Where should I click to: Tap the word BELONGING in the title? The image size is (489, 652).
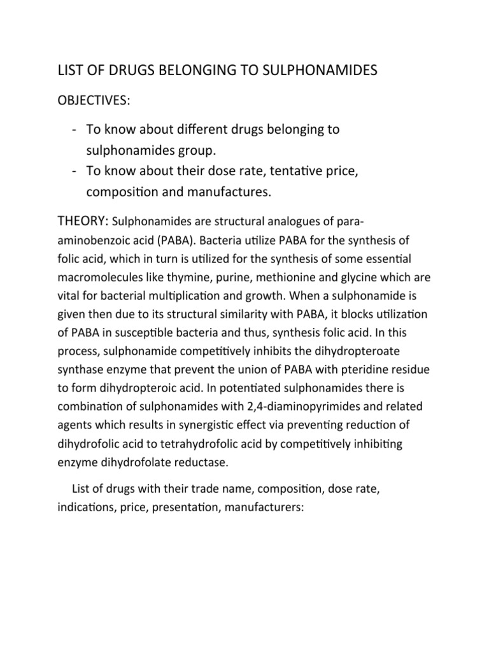(x=193, y=71)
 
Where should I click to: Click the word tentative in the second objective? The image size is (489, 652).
(x=284, y=172)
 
